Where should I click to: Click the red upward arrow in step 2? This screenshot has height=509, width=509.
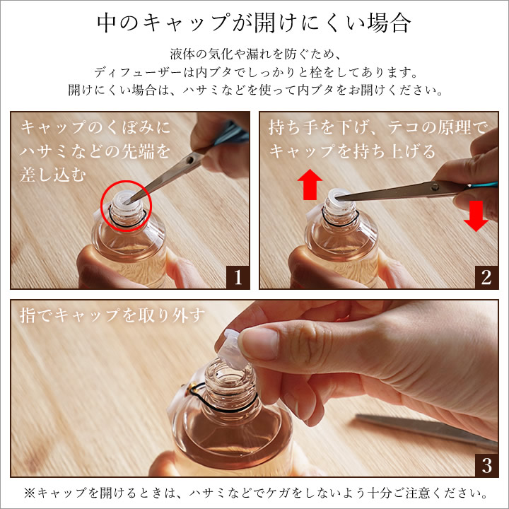pos(310,184)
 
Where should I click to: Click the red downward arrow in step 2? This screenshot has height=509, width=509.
pos(476,216)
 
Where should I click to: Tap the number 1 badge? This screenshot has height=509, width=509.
pos(238,278)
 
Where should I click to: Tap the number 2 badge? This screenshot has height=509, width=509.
pos(486,278)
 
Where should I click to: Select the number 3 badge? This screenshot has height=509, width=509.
pos(486,465)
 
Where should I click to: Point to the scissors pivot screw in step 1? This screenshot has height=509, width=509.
pos(191,160)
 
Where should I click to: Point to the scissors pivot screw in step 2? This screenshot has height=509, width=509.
pos(435,187)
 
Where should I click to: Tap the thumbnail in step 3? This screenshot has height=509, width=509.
pos(259,344)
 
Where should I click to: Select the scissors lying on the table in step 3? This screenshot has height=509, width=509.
pos(426,428)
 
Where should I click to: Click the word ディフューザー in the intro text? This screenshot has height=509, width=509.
pos(138,72)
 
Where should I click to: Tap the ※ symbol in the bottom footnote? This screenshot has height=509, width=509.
pos(30,493)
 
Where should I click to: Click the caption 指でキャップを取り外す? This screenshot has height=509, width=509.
pos(112,315)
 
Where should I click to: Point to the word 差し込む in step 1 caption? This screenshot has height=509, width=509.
pos(53,175)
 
